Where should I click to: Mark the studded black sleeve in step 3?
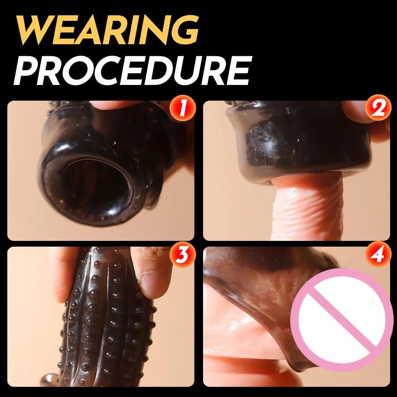[105, 322]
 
